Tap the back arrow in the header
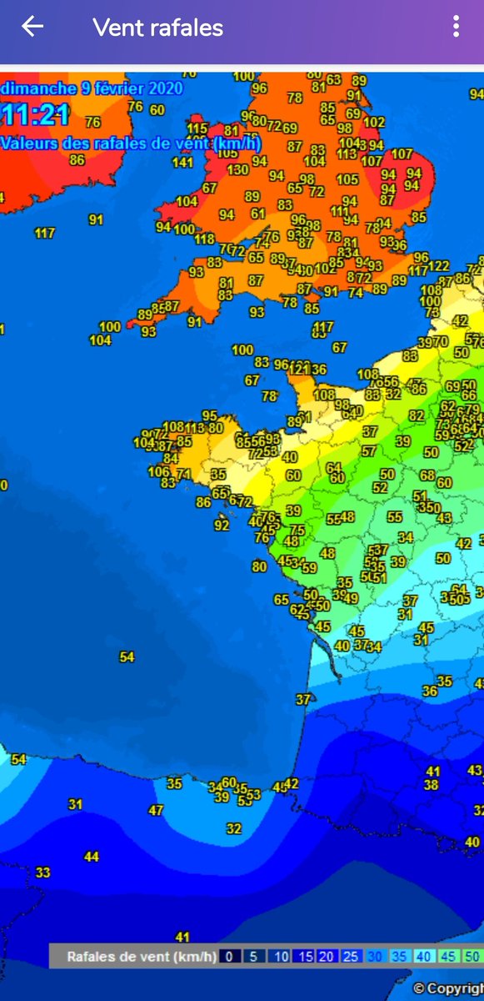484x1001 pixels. click(32, 27)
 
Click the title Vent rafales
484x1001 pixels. click(158, 28)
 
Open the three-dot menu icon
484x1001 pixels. click(456, 27)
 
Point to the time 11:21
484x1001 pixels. click(35, 115)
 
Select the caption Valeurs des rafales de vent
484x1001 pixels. click(132, 143)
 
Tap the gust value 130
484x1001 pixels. click(237, 169)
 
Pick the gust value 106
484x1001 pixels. click(158, 471)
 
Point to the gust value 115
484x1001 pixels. click(197, 128)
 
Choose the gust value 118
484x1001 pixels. click(204, 239)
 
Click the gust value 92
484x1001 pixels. click(221, 526)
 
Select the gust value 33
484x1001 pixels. click(42, 873)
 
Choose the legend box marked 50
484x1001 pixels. click(472, 957)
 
